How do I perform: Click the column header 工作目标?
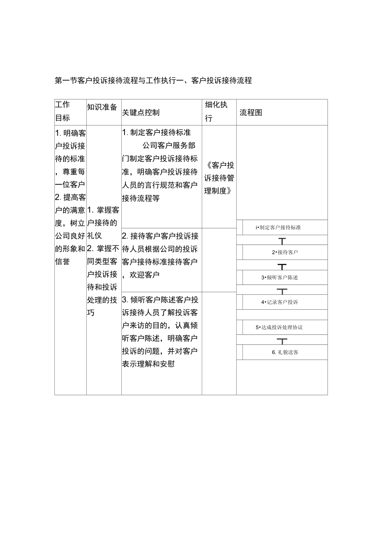pos(63,111)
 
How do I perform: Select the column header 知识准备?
pos(102,107)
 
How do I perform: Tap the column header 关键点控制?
pos(141,113)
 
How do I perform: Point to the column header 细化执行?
pos(216,111)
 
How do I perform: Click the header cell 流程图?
pos(251,113)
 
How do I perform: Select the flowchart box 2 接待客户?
pos(285,252)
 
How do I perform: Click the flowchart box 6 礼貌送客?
pos(285,352)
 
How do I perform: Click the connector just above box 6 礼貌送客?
pos(282,340)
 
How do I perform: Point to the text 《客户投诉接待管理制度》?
pos(219,178)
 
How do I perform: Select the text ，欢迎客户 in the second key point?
pos(141,275)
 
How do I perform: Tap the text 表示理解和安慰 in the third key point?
pos(148,364)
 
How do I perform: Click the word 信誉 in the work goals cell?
pos(62,262)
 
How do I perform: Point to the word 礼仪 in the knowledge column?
pos(94,236)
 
